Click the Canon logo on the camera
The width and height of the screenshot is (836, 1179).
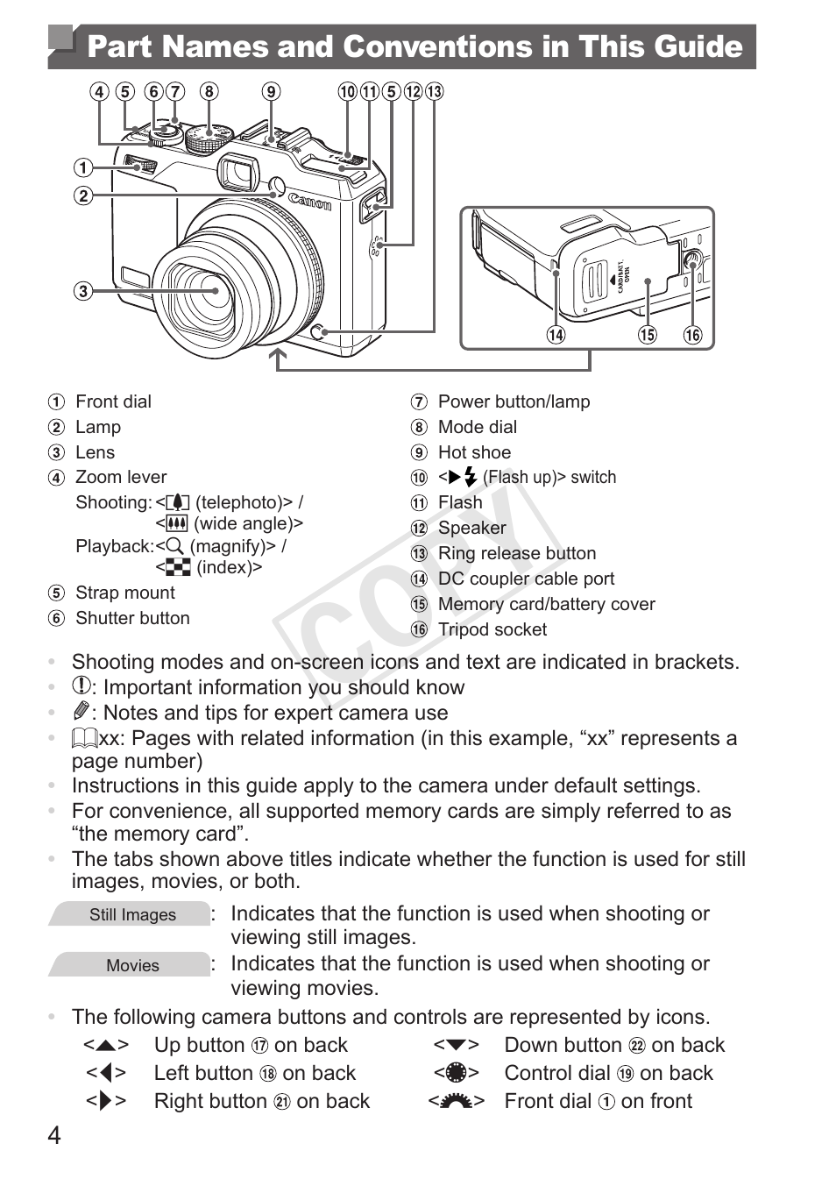click(x=310, y=201)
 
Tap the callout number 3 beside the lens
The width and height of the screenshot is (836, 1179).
click(x=82, y=291)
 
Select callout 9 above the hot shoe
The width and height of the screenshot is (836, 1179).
click(x=272, y=92)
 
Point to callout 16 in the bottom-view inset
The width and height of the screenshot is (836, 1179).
click(x=692, y=335)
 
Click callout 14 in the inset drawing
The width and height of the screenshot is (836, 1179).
click(x=556, y=335)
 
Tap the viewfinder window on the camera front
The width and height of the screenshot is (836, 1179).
click(x=237, y=171)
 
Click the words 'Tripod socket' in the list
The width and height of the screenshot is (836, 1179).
click(x=492, y=629)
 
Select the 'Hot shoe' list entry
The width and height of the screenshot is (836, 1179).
click(x=474, y=452)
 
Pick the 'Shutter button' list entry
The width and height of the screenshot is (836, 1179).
click(x=132, y=618)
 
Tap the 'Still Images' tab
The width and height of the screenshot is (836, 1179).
click(x=131, y=914)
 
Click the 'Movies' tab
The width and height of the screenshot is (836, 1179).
click(x=131, y=965)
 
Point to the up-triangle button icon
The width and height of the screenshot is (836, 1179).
click(x=106, y=1045)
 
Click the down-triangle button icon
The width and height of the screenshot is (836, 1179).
click(x=457, y=1045)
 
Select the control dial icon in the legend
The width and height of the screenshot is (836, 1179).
click(x=457, y=1073)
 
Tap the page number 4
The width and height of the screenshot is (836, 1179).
click(x=54, y=1136)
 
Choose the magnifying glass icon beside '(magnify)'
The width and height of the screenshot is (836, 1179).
click(x=174, y=546)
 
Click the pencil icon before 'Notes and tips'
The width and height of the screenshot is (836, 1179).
click(x=81, y=711)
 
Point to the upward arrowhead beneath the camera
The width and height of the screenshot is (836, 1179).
click(x=279, y=357)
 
